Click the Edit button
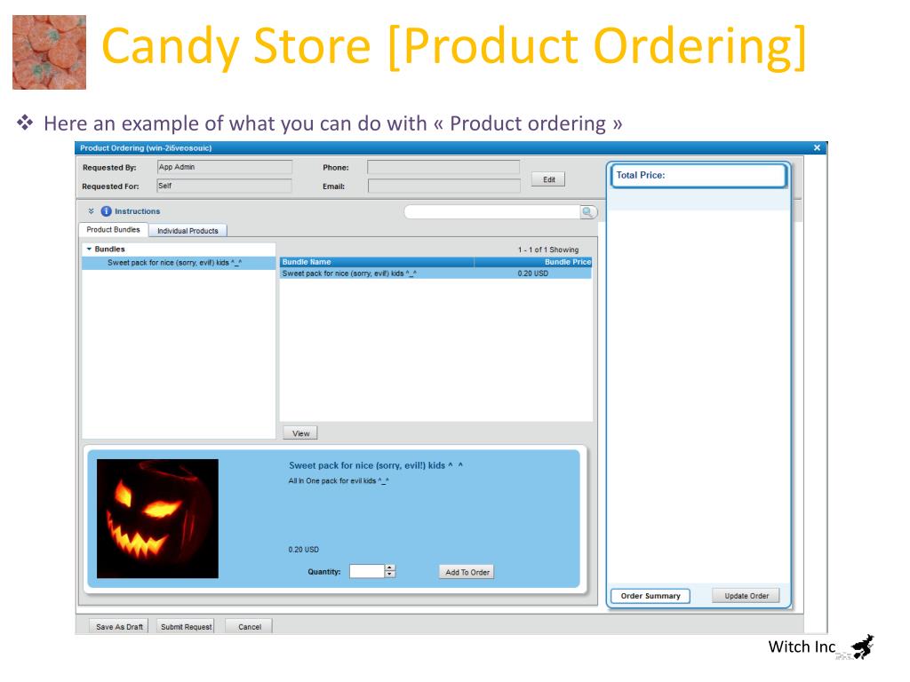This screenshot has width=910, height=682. click(547, 179)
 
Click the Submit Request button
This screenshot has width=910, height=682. click(186, 626)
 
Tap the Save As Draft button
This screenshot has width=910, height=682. click(119, 626)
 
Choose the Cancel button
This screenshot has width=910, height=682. click(249, 626)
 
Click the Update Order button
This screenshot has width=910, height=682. click(746, 596)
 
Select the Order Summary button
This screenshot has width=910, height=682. click(650, 596)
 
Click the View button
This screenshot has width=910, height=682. click(300, 433)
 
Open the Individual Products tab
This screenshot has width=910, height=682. click(188, 231)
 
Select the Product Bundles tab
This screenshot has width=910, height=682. click(113, 230)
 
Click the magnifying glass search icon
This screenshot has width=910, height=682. click(587, 212)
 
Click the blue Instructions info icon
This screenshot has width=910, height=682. click(107, 211)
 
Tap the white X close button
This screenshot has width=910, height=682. click(817, 148)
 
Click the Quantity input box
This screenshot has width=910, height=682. click(367, 571)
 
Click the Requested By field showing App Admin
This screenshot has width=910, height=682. click(225, 167)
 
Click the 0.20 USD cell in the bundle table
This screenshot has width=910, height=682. click(533, 274)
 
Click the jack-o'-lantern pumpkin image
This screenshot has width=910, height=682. click(158, 519)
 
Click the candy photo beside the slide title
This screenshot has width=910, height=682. click(50, 52)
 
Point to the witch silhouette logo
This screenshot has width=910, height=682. click(863, 646)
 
